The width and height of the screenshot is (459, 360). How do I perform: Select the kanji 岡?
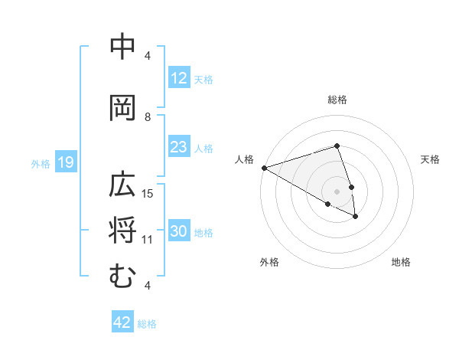tap(123, 108)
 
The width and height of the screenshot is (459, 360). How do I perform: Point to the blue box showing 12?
tap(178, 78)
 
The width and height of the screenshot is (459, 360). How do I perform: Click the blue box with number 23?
tap(178, 147)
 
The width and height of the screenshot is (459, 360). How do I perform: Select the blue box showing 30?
tap(178, 231)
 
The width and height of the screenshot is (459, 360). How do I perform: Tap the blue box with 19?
tap(65, 162)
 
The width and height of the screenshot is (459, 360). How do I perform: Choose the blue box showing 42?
tap(122, 322)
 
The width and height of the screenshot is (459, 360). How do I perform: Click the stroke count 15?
tap(148, 193)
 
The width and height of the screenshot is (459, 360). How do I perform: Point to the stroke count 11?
tap(148, 239)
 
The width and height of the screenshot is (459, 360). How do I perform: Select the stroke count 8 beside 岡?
tap(148, 116)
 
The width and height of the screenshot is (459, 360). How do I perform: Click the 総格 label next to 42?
tap(147, 324)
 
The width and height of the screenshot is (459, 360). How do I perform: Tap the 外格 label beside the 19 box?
tap(41, 163)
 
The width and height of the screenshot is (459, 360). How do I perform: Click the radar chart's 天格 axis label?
tap(431, 159)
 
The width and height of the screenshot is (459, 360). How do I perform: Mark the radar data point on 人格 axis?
tap(264, 167)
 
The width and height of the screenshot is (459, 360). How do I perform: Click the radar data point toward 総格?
tap(337, 146)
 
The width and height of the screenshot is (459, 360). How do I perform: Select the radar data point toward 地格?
tap(356, 217)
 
